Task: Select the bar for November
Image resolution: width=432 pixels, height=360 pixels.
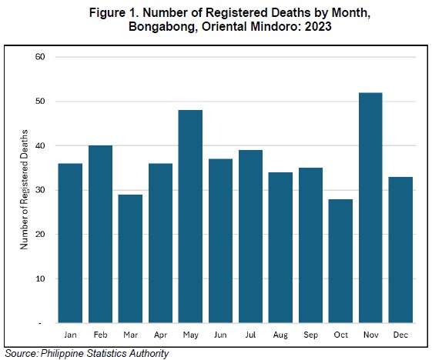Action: click(370, 208)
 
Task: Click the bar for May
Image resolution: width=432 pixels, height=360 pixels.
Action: click(190, 216)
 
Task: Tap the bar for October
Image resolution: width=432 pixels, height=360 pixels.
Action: click(340, 261)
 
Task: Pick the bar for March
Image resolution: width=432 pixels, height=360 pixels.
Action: click(130, 258)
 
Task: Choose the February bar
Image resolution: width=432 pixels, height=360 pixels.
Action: click(100, 234)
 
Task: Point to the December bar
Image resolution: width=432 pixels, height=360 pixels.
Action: click(400, 250)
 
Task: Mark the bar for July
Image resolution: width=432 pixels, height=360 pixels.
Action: click(250, 236)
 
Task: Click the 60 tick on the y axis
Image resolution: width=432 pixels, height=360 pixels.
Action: click(40, 57)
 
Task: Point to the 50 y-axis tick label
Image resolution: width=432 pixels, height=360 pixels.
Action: click(40, 102)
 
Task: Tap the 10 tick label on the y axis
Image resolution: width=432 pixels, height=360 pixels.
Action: click(40, 278)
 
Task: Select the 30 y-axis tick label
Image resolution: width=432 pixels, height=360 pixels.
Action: click(40, 190)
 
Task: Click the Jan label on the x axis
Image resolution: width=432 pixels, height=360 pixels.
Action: click(70, 335)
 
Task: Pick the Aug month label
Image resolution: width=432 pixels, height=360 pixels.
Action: click(280, 335)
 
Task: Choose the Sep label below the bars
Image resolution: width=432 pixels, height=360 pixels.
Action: click(310, 335)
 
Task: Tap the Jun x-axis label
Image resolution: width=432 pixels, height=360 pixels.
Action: click(220, 335)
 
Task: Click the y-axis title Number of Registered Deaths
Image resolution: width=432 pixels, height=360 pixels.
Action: click(24, 190)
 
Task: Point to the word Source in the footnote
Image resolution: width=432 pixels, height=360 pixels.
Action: click(22, 353)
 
